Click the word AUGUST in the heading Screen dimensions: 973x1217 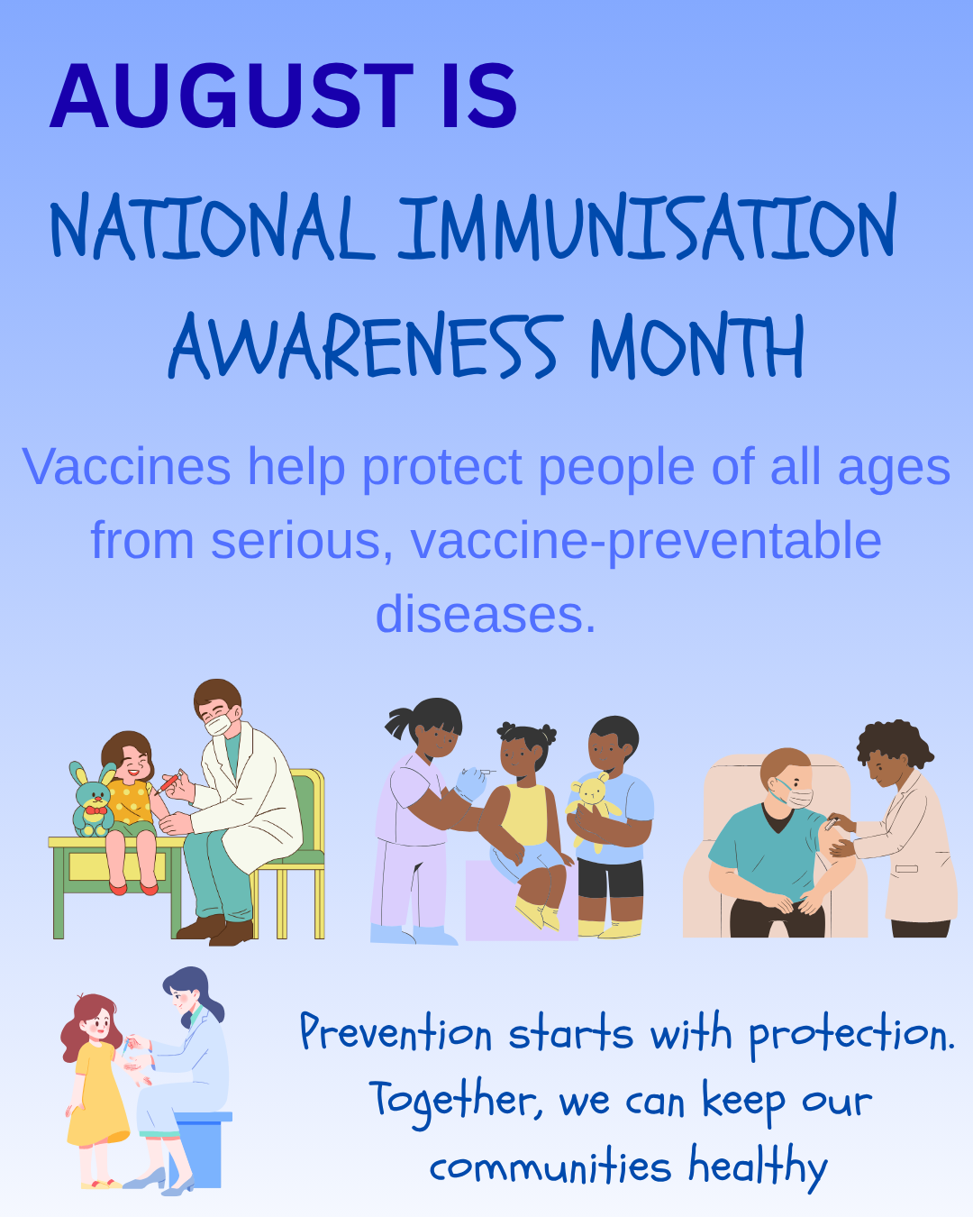point(232,96)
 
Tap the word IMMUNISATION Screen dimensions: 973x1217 point(647,227)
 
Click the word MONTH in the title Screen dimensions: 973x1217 point(697,345)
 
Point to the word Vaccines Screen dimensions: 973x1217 point(127,466)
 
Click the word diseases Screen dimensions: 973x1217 point(486,614)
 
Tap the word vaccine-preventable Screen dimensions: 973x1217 point(646,542)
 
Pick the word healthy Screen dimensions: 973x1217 point(759,1167)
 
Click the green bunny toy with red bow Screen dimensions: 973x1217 point(93,799)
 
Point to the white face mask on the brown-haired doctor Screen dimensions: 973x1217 point(218,725)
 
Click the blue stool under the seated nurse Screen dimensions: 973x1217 point(201,1148)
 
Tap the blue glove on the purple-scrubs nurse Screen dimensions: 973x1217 point(470,783)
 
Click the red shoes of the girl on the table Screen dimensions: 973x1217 point(133,889)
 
